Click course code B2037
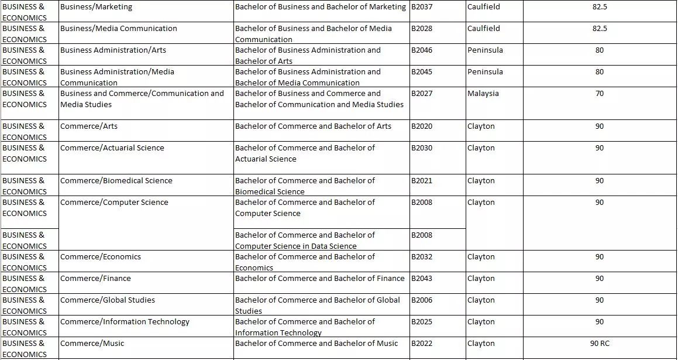coord(422,7)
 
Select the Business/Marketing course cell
coord(97,7)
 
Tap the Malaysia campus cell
coord(483,94)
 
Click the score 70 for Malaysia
coord(600,94)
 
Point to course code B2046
coord(422,50)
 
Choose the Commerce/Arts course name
coord(89,126)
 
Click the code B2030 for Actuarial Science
coord(422,148)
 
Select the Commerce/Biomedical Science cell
coord(116,181)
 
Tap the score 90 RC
coord(600,344)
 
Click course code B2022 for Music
coord(422,344)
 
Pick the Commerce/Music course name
coord(92,344)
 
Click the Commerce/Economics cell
coord(101,257)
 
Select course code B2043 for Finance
coord(422,279)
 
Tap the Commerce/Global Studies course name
coord(108,300)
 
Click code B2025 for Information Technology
coord(422,322)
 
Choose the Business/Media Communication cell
coord(119,29)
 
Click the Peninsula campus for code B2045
coord(485,72)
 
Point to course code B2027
coord(422,94)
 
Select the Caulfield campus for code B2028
coord(484,29)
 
